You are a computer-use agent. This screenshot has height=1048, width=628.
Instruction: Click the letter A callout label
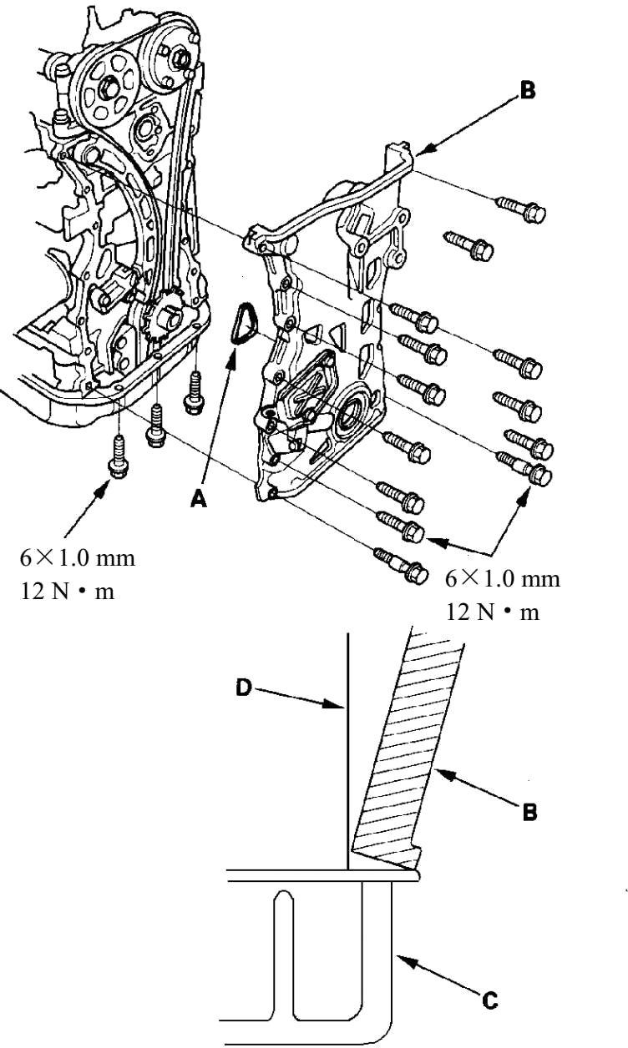coord(199,499)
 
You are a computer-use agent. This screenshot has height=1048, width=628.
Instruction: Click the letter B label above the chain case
coord(527,90)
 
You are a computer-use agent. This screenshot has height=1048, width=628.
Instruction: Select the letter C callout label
coord(490,1000)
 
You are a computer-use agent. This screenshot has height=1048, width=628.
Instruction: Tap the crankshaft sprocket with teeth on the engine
coord(164,320)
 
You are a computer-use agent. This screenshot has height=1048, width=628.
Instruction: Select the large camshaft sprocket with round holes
coord(107,90)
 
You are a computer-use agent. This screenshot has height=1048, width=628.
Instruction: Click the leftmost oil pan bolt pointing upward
coord(118,456)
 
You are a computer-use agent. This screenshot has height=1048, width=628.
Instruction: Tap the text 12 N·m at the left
coord(68,592)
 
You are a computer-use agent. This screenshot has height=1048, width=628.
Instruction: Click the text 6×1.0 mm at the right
coord(503,579)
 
